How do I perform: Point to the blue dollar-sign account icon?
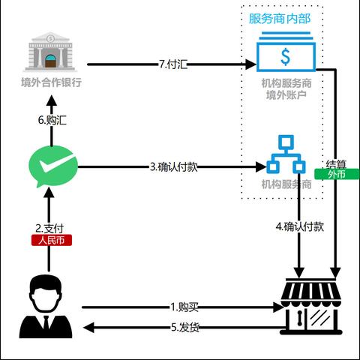(x=285, y=55)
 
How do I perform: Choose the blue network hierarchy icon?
(x=286, y=154)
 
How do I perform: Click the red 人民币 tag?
(x=49, y=241)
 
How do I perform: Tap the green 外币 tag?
(x=341, y=174)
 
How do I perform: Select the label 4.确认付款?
(x=300, y=226)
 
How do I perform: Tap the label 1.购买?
(x=184, y=307)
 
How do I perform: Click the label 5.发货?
(x=184, y=327)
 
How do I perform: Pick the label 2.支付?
(x=49, y=227)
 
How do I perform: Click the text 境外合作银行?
(x=50, y=82)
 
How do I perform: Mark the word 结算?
(x=337, y=163)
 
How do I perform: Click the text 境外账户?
(x=286, y=95)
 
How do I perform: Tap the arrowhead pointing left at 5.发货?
(x=88, y=327)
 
